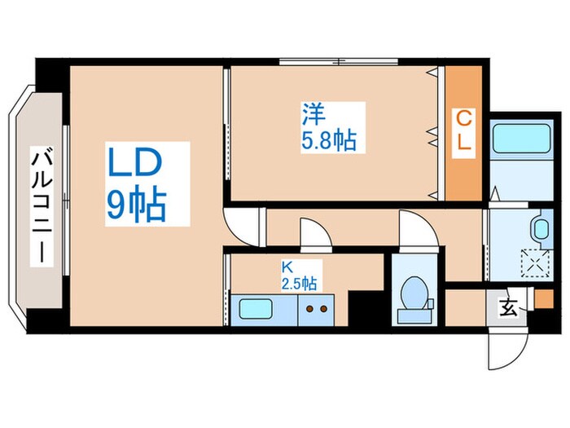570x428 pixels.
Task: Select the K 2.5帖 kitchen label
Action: click(x=299, y=276)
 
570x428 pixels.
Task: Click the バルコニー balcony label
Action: click(x=42, y=205)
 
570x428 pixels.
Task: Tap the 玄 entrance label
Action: click(x=509, y=308)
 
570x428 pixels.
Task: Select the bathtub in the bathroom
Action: click(x=521, y=139)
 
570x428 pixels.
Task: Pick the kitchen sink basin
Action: click(x=256, y=310)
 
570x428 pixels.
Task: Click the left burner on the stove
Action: click(x=309, y=309)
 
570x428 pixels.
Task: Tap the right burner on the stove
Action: click(x=323, y=309)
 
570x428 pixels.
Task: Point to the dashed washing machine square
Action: click(x=536, y=263)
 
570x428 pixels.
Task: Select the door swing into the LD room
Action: click(x=243, y=226)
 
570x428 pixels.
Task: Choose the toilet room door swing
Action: click(x=418, y=229)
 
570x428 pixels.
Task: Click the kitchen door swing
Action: click(x=316, y=234)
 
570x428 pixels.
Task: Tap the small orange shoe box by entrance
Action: click(x=544, y=298)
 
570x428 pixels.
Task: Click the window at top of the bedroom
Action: click(x=339, y=61)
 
